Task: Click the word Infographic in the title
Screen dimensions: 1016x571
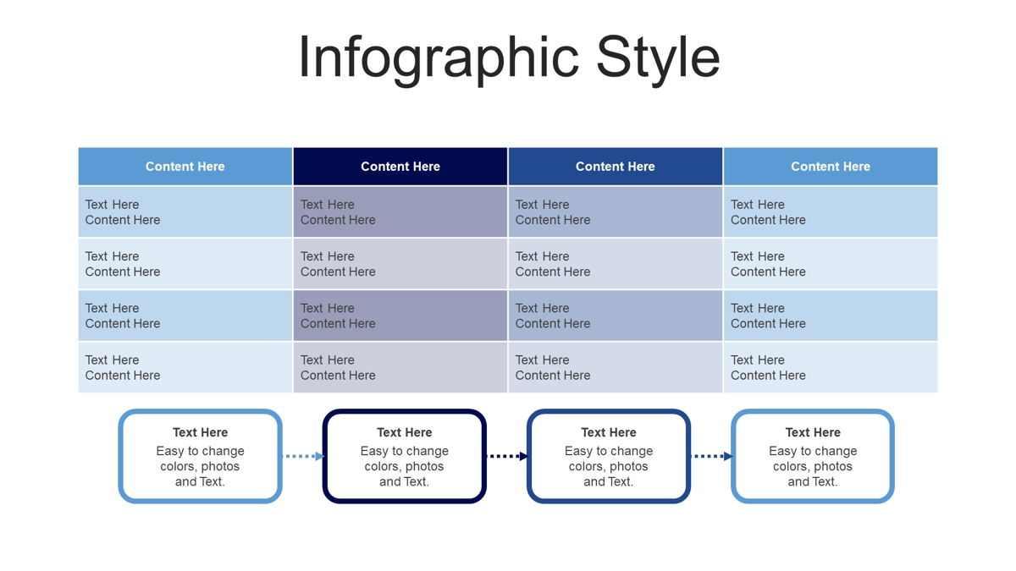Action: (x=439, y=58)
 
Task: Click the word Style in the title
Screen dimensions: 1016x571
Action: (x=658, y=58)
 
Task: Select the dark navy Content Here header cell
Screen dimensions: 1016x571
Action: (x=400, y=167)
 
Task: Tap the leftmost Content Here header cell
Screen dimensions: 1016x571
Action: (x=185, y=167)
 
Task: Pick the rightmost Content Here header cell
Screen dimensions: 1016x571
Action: (x=831, y=167)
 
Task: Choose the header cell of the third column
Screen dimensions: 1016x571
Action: (x=615, y=167)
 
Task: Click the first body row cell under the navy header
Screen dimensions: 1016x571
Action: (x=400, y=211)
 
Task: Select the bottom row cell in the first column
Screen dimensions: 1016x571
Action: (x=185, y=367)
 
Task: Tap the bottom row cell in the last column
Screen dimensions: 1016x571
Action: (x=831, y=367)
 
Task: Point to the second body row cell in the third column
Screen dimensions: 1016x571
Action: (x=615, y=264)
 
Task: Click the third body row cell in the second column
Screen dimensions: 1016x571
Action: (x=400, y=316)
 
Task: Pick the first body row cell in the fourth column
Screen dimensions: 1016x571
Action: (x=831, y=211)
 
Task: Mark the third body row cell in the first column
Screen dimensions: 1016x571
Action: (x=185, y=316)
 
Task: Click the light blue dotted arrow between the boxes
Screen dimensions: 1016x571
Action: (x=303, y=456)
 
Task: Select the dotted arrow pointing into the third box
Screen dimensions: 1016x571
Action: (x=507, y=456)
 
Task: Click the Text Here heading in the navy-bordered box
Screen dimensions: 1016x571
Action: (x=404, y=432)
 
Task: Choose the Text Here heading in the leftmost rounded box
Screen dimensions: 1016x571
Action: (x=200, y=432)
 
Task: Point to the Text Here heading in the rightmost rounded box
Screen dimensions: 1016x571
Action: (x=813, y=432)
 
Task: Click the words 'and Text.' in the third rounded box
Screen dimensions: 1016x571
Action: (x=608, y=481)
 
